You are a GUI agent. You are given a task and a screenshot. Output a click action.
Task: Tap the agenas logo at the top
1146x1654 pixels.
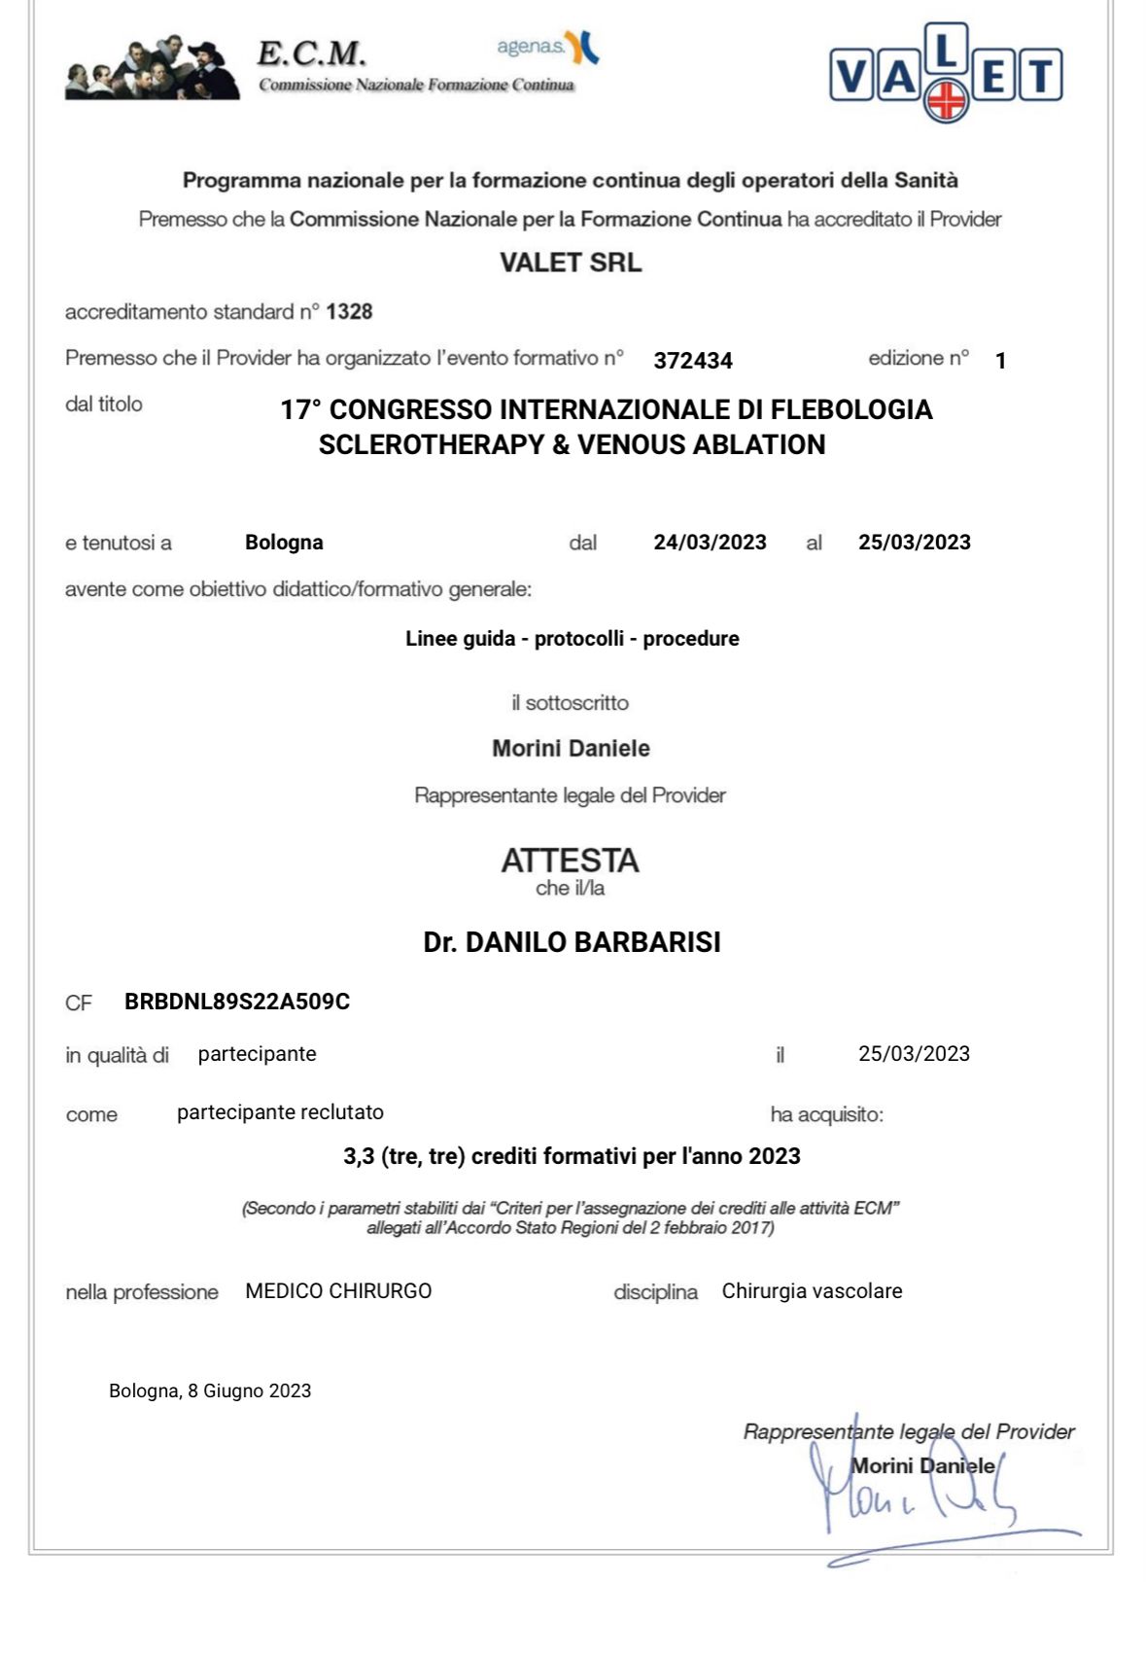547,46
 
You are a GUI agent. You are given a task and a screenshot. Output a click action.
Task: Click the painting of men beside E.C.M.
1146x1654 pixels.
152,68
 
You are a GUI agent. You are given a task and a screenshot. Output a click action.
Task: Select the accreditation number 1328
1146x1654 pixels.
349,312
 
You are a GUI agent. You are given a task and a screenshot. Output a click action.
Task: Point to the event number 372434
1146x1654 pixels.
692,361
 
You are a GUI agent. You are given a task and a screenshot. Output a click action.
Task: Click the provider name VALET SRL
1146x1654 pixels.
571,263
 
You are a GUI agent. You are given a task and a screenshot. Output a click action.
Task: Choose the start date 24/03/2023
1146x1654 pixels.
710,543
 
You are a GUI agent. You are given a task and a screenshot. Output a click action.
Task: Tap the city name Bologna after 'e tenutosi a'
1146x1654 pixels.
284,543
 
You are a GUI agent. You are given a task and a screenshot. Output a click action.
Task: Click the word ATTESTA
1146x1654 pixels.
571,861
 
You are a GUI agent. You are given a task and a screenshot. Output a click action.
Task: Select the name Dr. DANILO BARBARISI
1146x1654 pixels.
572,942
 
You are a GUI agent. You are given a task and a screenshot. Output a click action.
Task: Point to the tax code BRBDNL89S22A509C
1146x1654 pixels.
237,1002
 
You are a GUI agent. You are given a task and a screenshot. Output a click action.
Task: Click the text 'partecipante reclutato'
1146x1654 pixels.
280,1112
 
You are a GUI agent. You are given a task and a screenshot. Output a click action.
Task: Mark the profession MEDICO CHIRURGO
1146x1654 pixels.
338,1291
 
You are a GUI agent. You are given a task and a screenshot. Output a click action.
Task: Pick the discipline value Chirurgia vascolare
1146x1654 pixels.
812,1291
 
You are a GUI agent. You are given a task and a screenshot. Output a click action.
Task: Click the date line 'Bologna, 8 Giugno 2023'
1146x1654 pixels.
210,1391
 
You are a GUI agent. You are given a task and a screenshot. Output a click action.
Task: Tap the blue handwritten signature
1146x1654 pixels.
914,1497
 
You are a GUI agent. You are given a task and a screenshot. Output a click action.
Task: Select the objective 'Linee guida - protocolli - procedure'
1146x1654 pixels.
572,639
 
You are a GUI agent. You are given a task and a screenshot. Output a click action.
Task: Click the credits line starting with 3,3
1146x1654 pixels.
572,1156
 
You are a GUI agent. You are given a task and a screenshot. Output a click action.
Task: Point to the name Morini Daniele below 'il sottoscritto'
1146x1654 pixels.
571,749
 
